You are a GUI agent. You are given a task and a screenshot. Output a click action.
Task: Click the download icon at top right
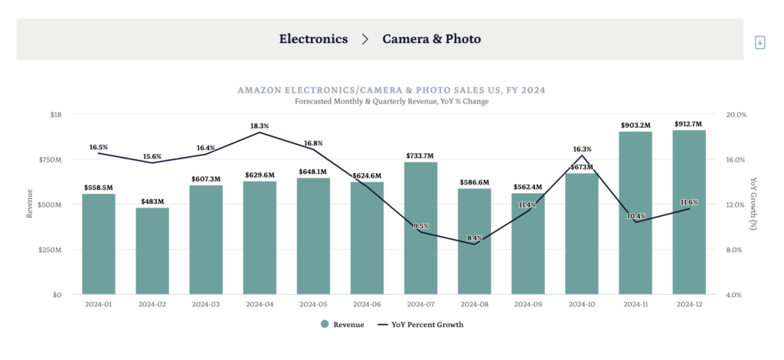pyautogui.click(x=760, y=42)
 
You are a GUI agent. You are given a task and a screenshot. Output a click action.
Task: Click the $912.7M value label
pyautogui.click(x=689, y=123)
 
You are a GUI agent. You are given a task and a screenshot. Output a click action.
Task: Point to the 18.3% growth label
pyautogui.click(x=259, y=126)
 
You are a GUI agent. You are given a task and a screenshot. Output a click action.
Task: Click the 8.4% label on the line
pyautogui.click(x=474, y=238)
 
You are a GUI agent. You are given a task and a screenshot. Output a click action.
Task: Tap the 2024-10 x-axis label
pyautogui.click(x=581, y=303)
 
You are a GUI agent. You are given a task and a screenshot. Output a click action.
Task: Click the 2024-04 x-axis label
pyautogui.click(x=260, y=303)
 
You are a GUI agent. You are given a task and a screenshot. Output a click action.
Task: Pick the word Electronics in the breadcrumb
pyautogui.click(x=313, y=38)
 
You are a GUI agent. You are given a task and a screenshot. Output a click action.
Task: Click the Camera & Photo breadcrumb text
pyautogui.click(x=432, y=38)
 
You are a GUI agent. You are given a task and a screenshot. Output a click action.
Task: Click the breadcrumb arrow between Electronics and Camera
pyautogui.click(x=365, y=38)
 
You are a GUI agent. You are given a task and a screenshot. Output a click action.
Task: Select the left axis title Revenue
pyautogui.click(x=30, y=204)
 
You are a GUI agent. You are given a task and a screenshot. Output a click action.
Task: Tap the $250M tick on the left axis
pyautogui.click(x=51, y=250)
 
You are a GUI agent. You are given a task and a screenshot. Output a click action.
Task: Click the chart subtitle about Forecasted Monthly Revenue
pyautogui.click(x=391, y=101)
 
